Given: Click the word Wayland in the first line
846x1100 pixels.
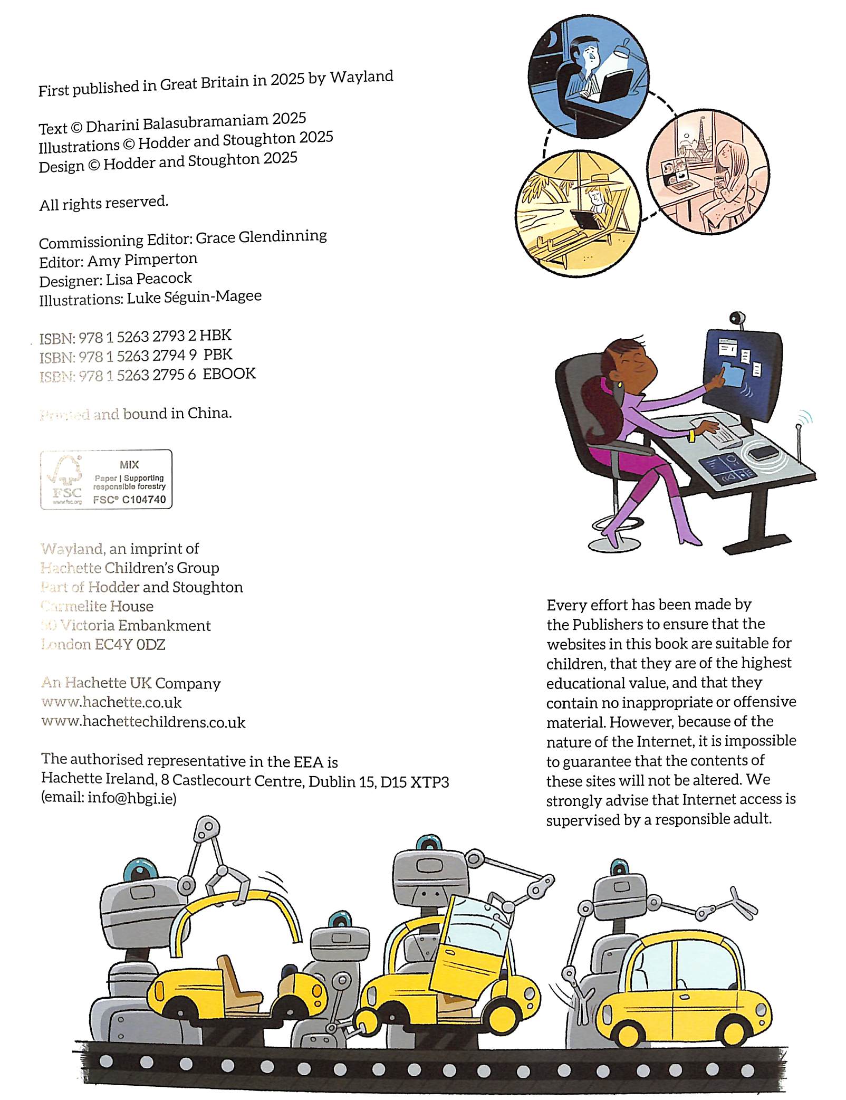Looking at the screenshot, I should tap(362, 77).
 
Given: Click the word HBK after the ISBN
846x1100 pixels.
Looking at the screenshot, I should tap(215, 336).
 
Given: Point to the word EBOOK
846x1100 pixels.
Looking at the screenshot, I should tap(229, 374).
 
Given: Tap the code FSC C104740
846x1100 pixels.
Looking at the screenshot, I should tap(129, 500).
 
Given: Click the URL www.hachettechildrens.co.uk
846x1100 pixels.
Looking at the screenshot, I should tap(143, 722).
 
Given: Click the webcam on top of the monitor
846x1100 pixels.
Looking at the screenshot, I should tap(737, 319).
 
